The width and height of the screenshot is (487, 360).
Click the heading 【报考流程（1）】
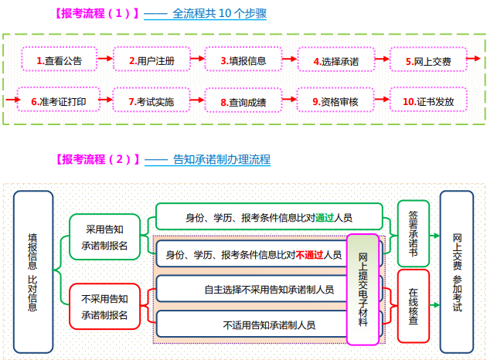click(97, 13)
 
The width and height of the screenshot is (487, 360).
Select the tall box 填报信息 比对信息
click(32, 271)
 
